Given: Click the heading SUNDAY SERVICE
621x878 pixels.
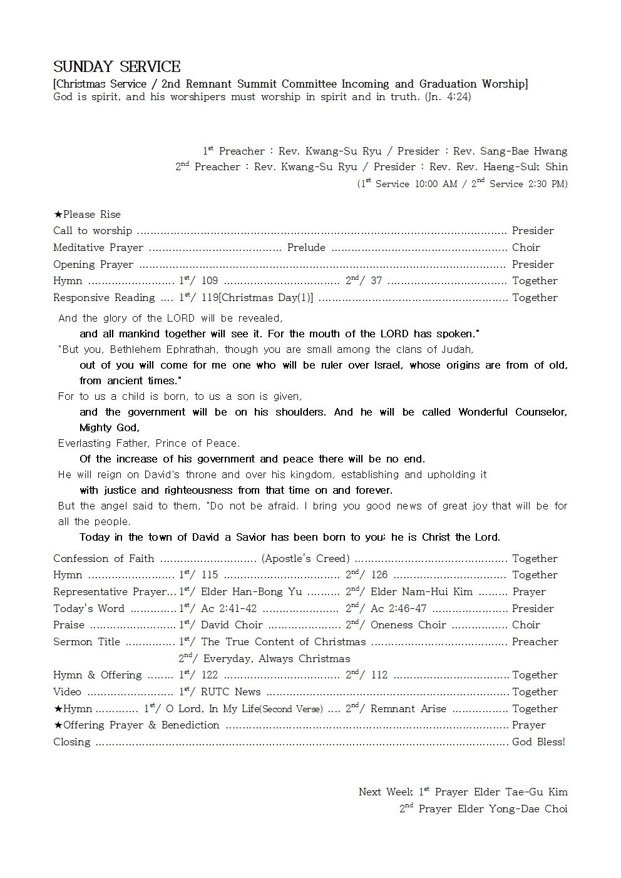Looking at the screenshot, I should coord(117,67).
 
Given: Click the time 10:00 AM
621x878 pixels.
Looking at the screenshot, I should coord(436,185).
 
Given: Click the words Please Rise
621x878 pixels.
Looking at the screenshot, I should coord(92,215).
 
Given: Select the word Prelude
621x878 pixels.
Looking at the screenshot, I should coord(306,248).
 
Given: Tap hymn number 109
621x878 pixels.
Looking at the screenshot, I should coord(210,281).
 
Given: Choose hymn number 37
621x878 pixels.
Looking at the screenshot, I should coord(376,281).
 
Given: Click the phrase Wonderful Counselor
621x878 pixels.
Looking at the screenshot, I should coord(512,412).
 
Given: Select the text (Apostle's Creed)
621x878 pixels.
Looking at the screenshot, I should coord(305,559).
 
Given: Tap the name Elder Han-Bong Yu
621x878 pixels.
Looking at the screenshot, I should coord(251,592).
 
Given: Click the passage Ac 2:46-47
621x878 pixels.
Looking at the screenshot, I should coord(398,609).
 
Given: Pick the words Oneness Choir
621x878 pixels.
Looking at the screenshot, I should coord(408,625).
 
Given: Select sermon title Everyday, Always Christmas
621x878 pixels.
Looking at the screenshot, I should coord(276,659).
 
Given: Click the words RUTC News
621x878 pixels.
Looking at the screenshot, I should coord(230,692).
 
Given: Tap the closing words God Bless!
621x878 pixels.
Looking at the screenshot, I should coord(538,742).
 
